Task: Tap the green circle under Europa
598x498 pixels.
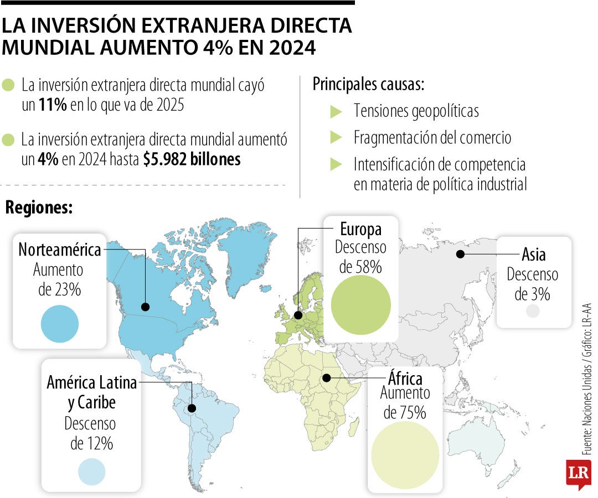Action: coord(360,304)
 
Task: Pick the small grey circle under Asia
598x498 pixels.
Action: coord(532,311)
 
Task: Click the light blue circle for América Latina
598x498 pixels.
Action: coord(91,469)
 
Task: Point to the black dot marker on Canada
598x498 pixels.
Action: coord(146,307)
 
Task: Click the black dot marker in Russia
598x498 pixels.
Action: coord(460,254)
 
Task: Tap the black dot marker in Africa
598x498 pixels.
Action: coord(327,378)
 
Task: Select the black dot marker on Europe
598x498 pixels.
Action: coord(298,315)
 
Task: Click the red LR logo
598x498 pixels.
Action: coord(578,473)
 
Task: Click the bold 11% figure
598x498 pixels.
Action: coord(53,105)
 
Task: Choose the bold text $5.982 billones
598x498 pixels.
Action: coord(192,159)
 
